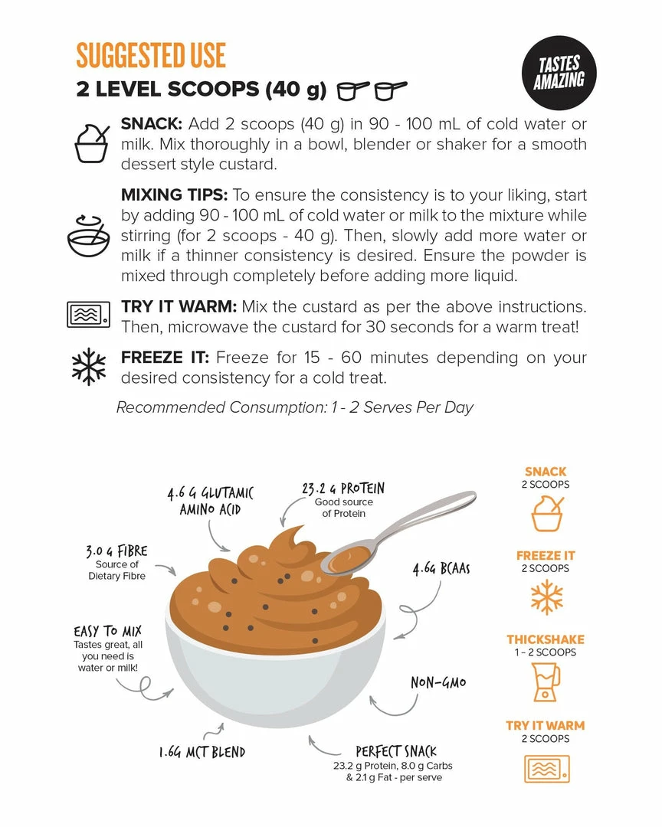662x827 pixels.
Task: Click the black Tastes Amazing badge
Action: click(x=559, y=72)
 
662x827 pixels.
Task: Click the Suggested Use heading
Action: click(x=151, y=55)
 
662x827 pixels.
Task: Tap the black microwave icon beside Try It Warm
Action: click(x=88, y=315)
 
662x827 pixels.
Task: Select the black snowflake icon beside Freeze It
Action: click(x=89, y=367)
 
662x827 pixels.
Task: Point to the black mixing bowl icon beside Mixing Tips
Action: click(x=89, y=235)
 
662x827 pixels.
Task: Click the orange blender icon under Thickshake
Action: click(x=546, y=682)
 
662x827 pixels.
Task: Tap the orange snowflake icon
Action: click(x=546, y=597)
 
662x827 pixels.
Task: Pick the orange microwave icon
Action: click(x=547, y=769)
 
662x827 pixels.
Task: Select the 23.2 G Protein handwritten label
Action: click(x=343, y=489)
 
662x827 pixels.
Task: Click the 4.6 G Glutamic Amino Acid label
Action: click(x=210, y=501)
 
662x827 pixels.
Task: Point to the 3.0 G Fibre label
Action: click(x=116, y=551)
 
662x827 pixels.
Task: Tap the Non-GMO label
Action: click(x=439, y=682)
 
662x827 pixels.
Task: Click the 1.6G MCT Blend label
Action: click(x=202, y=752)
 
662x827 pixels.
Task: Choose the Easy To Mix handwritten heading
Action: click(x=108, y=631)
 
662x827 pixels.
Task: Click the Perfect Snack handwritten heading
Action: click(x=396, y=751)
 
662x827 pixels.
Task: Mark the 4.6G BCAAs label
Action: click(x=441, y=569)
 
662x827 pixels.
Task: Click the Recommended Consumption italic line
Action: click(x=294, y=407)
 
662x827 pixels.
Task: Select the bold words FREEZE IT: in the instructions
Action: click(x=165, y=358)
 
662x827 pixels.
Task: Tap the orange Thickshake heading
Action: click(x=546, y=639)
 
